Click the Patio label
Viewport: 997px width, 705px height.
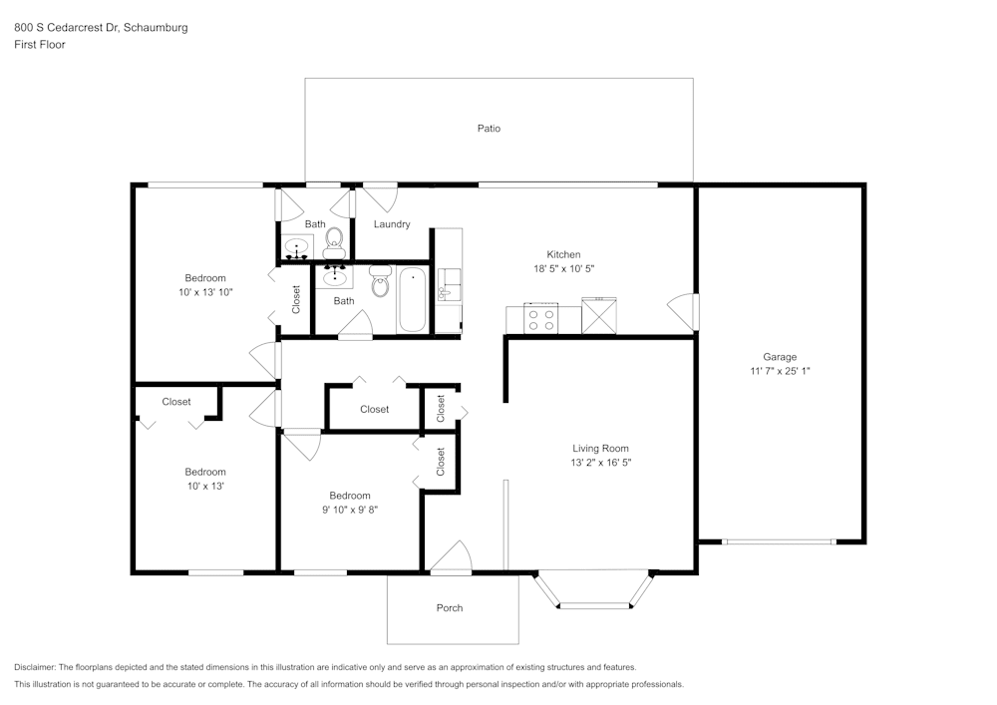coord(489,129)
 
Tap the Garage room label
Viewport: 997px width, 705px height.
coord(780,357)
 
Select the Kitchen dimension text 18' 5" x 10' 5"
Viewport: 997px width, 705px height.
coord(563,269)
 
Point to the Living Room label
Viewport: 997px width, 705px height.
coord(600,449)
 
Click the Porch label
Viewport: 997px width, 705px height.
coord(450,608)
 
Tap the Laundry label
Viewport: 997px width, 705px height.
coord(392,224)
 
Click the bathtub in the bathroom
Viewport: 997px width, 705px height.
coord(412,300)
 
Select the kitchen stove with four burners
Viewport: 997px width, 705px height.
coord(541,318)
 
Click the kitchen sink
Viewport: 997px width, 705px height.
coord(449,285)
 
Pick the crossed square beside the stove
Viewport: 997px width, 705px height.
coord(599,315)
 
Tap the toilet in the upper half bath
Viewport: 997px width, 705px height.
coord(334,243)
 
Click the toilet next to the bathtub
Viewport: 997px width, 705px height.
coord(380,281)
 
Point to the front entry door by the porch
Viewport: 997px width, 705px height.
coord(452,558)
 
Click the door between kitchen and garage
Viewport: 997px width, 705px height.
coord(684,311)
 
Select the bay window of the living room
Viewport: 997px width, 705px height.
coord(595,591)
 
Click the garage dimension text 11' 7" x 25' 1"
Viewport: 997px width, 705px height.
coord(780,371)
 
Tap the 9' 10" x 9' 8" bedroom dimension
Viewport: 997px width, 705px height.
coord(350,510)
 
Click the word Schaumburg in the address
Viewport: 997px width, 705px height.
coord(156,27)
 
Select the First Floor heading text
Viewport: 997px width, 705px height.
coord(40,45)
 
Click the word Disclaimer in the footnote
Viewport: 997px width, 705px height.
coord(35,667)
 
